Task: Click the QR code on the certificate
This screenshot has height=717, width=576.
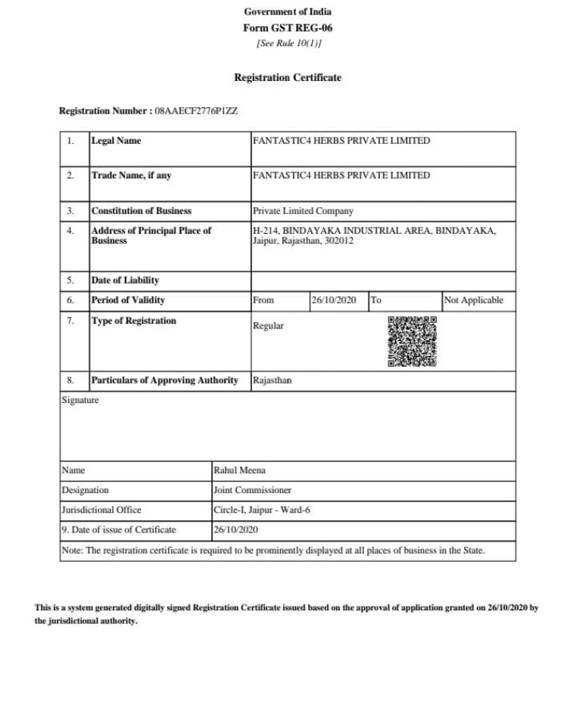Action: pyautogui.click(x=412, y=341)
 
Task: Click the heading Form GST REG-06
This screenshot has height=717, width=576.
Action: pyautogui.click(x=288, y=28)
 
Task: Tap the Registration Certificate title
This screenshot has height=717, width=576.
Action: pyautogui.click(x=288, y=77)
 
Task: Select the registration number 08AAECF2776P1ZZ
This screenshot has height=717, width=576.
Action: pyautogui.click(x=196, y=111)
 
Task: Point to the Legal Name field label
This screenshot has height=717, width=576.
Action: pyautogui.click(x=116, y=141)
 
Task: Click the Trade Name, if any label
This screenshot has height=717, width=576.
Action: pyautogui.click(x=131, y=175)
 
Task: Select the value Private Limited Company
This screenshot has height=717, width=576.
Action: pyautogui.click(x=303, y=211)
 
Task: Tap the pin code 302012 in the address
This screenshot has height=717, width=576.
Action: pyautogui.click(x=338, y=241)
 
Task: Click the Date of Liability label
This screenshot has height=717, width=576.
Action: pyautogui.click(x=125, y=281)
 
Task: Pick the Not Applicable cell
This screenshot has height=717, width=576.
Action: pyautogui.click(x=473, y=300)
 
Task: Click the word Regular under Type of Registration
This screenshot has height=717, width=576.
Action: pyautogui.click(x=269, y=326)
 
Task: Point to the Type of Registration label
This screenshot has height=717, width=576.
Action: pyautogui.click(x=133, y=321)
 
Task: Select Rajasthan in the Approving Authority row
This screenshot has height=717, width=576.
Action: pyautogui.click(x=272, y=380)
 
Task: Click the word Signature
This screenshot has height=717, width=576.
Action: pyautogui.click(x=79, y=400)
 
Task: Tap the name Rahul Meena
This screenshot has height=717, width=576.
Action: pyautogui.click(x=239, y=470)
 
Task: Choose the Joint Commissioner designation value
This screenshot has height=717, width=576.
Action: pyautogui.click(x=253, y=490)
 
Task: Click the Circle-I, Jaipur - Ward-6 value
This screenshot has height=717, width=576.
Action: pyautogui.click(x=262, y=510)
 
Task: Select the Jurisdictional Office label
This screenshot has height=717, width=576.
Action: pyautogui.click(x=101, y=510)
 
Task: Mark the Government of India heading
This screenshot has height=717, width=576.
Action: pyautogui.click(x=288, y=11)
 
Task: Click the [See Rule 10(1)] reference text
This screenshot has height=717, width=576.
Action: pyautogui.click(x=288, y=43)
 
